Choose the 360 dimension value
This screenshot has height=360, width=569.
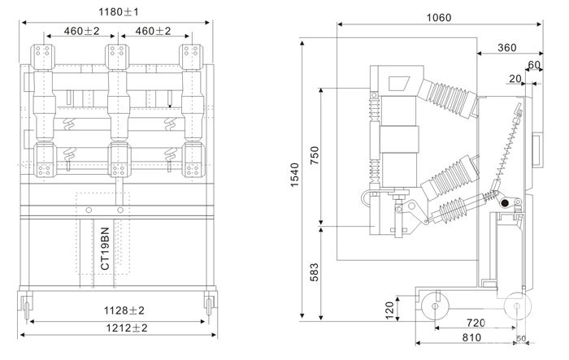click(506, 48)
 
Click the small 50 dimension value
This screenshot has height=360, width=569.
click(520, 338)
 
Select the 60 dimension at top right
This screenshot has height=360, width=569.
click(533, 65)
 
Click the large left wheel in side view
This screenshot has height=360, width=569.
click(432, 308)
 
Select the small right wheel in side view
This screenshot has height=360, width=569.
click(515, 308)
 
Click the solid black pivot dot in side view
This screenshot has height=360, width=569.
click(505, 203)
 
